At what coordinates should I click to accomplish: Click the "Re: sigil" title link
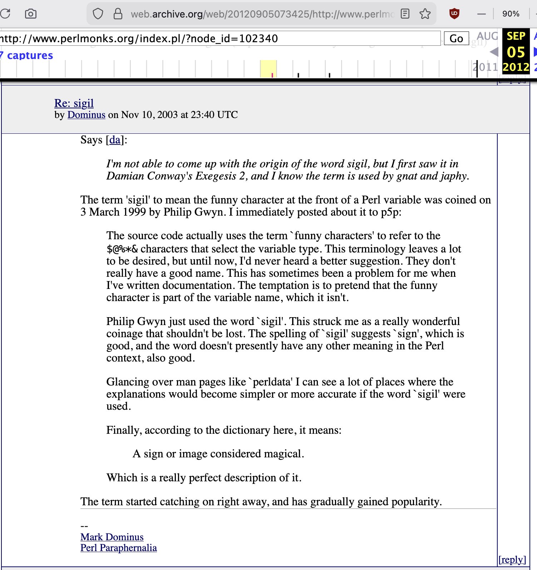(x=74, y=103)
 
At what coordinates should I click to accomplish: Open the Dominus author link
(x=86, y=115)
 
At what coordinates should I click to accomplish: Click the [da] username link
(x=115, y=140)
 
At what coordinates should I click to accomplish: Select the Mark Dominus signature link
(x=112, y=537)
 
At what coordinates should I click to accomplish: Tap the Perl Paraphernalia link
(x=118, y=548)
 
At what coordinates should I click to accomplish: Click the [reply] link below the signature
(x=512, y=560)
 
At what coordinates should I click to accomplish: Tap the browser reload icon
(x=5, y=14)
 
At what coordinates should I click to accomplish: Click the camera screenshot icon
(x=31, y=14)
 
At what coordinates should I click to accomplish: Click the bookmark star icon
(x=425, y=14)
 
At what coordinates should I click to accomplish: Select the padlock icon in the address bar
(x=118, y=14)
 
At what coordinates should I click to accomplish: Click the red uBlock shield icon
(x=454, y=14)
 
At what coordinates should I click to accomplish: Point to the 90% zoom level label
(x=511, y=14)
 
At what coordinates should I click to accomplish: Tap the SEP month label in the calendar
(x=516, y=36)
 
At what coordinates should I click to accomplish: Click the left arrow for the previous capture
(x=494, y=52)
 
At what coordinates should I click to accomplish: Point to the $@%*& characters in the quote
(x=122, y=249)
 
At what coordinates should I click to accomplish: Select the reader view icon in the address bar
(x=405, y=14)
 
